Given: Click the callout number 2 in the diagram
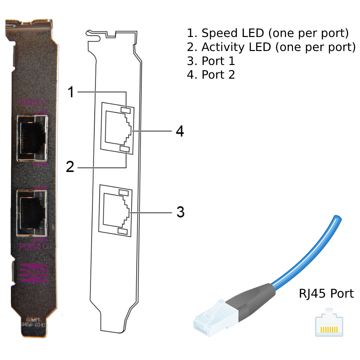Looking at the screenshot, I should [70, 166].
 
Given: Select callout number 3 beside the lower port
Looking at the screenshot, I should [180, 212].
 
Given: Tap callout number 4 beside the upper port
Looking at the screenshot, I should [180, 131].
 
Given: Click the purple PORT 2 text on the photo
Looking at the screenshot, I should [33, 102].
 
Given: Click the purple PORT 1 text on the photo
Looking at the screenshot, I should [33, 247].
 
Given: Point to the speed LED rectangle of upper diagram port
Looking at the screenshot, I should [125, 110].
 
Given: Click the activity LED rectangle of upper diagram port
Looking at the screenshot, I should [125, 149].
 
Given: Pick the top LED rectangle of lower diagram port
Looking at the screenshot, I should [123, 193].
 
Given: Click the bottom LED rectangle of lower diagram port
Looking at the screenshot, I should [122, 231].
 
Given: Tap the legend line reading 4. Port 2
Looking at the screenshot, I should [211, 75].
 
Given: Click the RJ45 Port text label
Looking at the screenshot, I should [326, 294].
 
